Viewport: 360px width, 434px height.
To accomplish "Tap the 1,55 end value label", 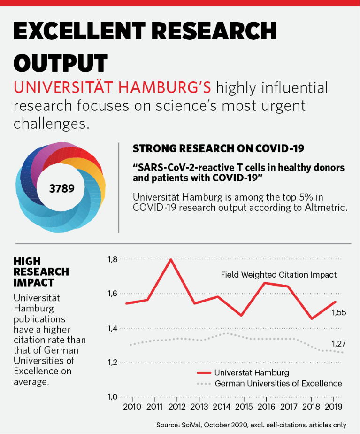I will pos(338,312).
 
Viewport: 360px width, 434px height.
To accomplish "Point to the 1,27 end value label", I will pos(338,343).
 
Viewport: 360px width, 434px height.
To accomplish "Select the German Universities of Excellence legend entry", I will pos(278,384).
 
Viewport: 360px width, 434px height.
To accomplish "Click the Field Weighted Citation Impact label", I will pos(279,275).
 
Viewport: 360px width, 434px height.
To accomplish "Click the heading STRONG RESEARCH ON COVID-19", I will pos(218,149).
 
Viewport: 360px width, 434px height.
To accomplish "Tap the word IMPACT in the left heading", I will pos(34,282).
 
